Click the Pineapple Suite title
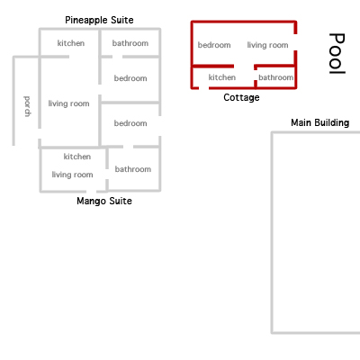pyautogui.click(x=99, y=20)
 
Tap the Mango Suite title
pyautogui.click(x=104, y=201)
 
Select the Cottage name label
pyautogui.click(x=241, y=97)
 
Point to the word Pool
pyautogui.click(x=337, y=53)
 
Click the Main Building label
pyautogui.click(x=320, y=122)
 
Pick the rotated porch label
pyautogui.click(x=27, y=106)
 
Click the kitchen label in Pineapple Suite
pyautogui.click(x=71, y=43)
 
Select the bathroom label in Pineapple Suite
pyautogui.click(x=130, y=43)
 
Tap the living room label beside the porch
pyautogui.click(x=68, y=103)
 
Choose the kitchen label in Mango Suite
pyautogui.click(x=77, y=157)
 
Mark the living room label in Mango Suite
pyautogui.click(x=72, y=175)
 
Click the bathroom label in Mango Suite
pyautogui.click(x=133, y=169)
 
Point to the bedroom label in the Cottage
pyautogui.click(x=214, y=45)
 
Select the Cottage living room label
pyautogui.click(x=267, y=45)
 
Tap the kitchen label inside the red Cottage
pyautogui.click(x=222, y=77)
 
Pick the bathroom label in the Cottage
pyautogui.click(x=276, y=77)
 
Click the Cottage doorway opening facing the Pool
pyautogui.click(x=295, y=42)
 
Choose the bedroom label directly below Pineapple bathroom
pyautogui.click(x=130, y=78)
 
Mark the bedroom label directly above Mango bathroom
pyautogui.click(x=130, y=123)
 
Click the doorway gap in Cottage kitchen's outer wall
pyautogui.click(x=203, y=88)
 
